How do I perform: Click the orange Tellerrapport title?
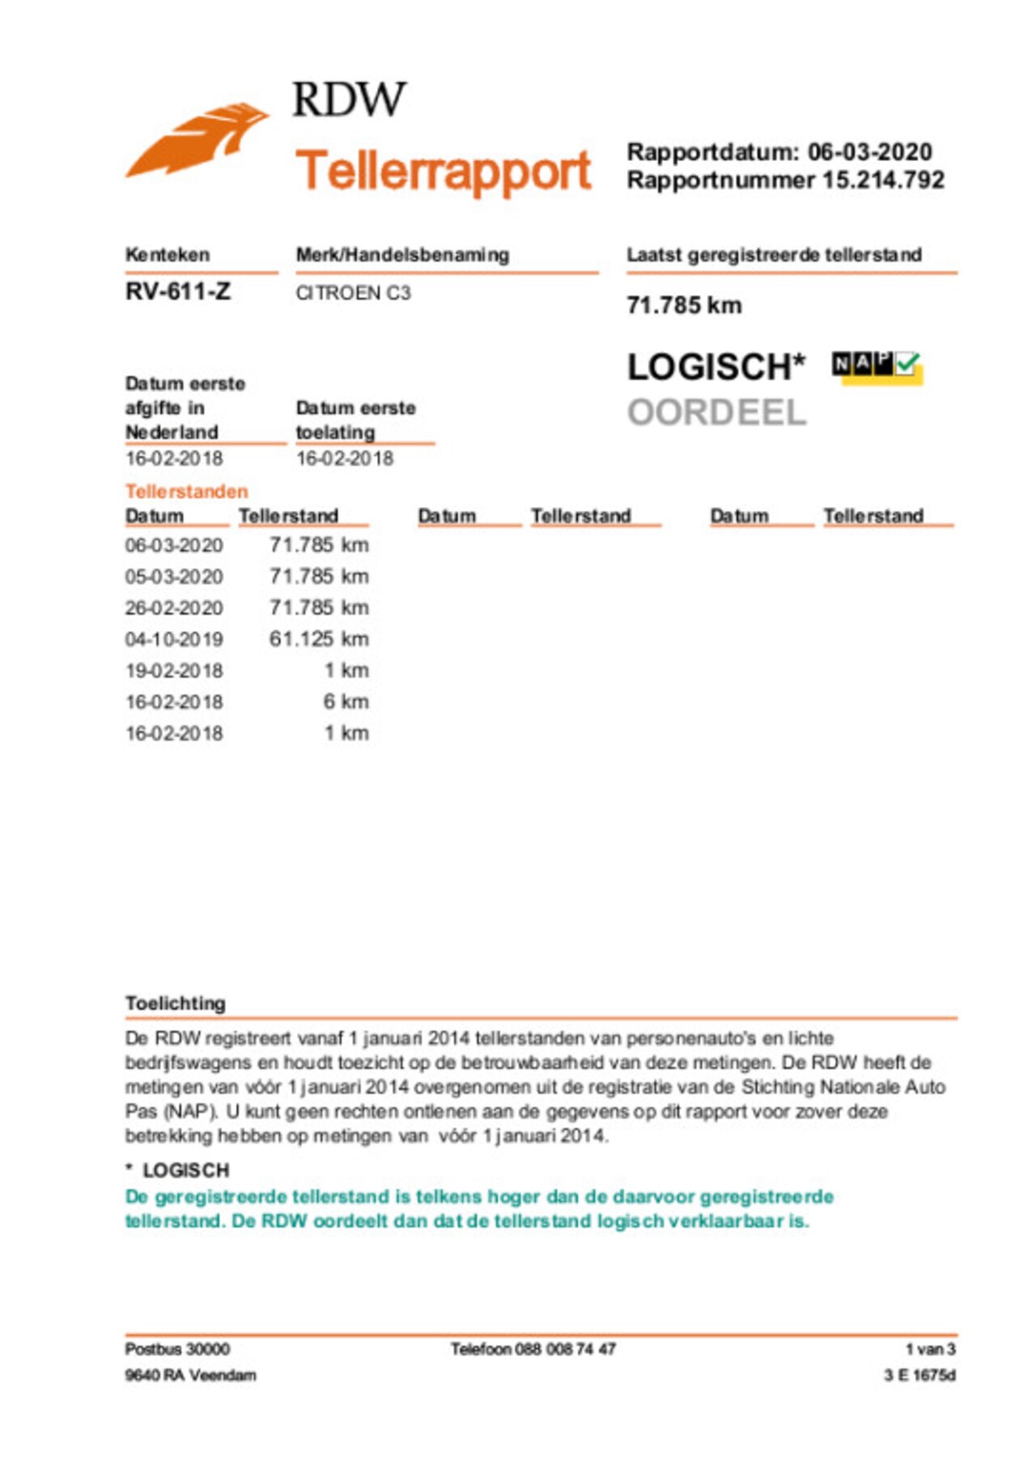443,171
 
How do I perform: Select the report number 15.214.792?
883,180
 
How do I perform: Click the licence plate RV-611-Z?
178,292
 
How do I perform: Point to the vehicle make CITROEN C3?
353,293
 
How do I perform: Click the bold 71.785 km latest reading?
684,305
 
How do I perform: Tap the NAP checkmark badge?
877,367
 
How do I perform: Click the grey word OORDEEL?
717,413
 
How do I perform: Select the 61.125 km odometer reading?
319,639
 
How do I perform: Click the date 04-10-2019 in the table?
174,640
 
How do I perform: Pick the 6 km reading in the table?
346,702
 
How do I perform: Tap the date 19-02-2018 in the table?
174,671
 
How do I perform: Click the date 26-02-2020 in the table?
174,608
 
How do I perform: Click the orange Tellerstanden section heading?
186,492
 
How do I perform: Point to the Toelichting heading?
176,1004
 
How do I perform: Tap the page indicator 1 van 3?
930,1349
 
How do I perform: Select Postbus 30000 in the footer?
177,1349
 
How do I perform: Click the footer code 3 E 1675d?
919,1375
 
